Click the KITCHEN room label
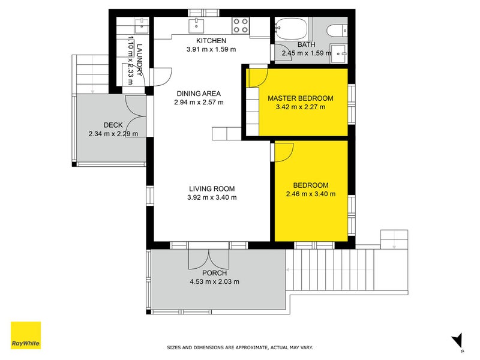[211, 41]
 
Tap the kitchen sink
[196, 26]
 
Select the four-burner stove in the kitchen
[241, 25]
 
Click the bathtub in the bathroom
[291, 28]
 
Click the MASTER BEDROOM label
[301, 98]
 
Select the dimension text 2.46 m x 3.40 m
[311, 194]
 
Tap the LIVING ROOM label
[212, 189]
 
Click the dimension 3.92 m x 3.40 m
[212, 198]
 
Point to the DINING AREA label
[199, 94]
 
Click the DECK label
[113, 125]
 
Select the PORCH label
[215, 273]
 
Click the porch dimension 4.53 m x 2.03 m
[215, 281]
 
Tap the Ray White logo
[26, 335]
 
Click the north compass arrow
[457, 340]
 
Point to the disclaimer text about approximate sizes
[240, 347]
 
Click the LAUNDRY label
[140, 60]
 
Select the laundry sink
[142, 26]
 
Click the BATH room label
[306, 44]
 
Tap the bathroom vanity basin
[338, 53]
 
